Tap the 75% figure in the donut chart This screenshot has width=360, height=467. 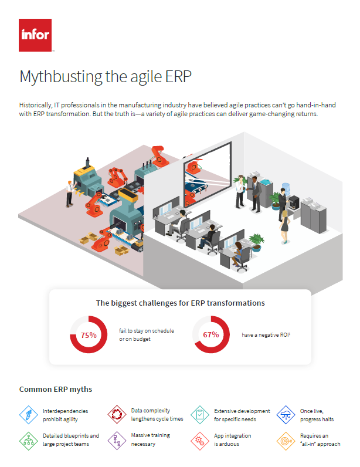click(88, 335)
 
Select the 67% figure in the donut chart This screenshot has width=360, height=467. click(211, 334)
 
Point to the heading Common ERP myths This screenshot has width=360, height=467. click(56, 389)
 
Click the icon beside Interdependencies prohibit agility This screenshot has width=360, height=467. click(29, 414)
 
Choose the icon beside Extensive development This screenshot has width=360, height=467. click(200, 414)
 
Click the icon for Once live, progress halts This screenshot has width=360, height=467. click(286, 414)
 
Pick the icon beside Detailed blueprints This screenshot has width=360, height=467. click(29, 440)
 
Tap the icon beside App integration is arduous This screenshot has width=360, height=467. click(200, 440)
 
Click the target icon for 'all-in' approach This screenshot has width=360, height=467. click(286, 440)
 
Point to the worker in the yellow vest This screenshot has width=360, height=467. click(70, 189)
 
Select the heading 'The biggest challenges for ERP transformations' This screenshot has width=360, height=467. click(180, 303)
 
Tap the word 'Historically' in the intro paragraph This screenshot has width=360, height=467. click(35, 104)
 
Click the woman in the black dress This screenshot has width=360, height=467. click(285, 221)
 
